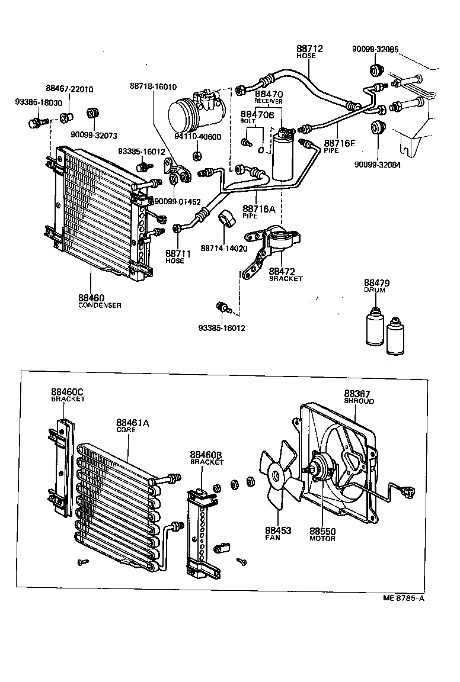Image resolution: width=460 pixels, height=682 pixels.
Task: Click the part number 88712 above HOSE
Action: (x=309, y=49)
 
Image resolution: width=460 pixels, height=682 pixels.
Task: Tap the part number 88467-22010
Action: (x=69, y=89)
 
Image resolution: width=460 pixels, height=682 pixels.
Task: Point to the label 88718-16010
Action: (x=152, y=86)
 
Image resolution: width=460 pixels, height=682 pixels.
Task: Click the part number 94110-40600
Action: (x=198, y=137)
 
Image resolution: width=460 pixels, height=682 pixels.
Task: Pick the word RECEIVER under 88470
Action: (x=269, y=101)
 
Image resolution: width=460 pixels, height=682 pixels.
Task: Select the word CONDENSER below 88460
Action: (x=100, y=305)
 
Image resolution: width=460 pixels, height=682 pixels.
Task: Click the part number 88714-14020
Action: (x=223, y=248)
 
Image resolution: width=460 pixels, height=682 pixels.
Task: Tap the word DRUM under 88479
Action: (x=374, y=291)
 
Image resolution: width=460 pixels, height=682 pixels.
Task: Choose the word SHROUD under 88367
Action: (x=359, y=401)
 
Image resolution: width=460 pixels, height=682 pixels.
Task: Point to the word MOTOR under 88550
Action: (x=322, y=539)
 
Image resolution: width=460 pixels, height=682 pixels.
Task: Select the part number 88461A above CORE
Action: (x=132, y=423)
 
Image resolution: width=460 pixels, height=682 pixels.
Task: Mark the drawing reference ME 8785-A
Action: (x=404, y=598)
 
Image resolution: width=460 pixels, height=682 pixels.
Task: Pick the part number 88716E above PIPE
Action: (x=340, y=143)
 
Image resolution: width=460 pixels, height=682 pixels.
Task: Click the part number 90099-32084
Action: (x=378, y=165)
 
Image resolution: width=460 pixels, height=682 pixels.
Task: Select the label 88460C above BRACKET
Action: (x=67, y=392)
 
